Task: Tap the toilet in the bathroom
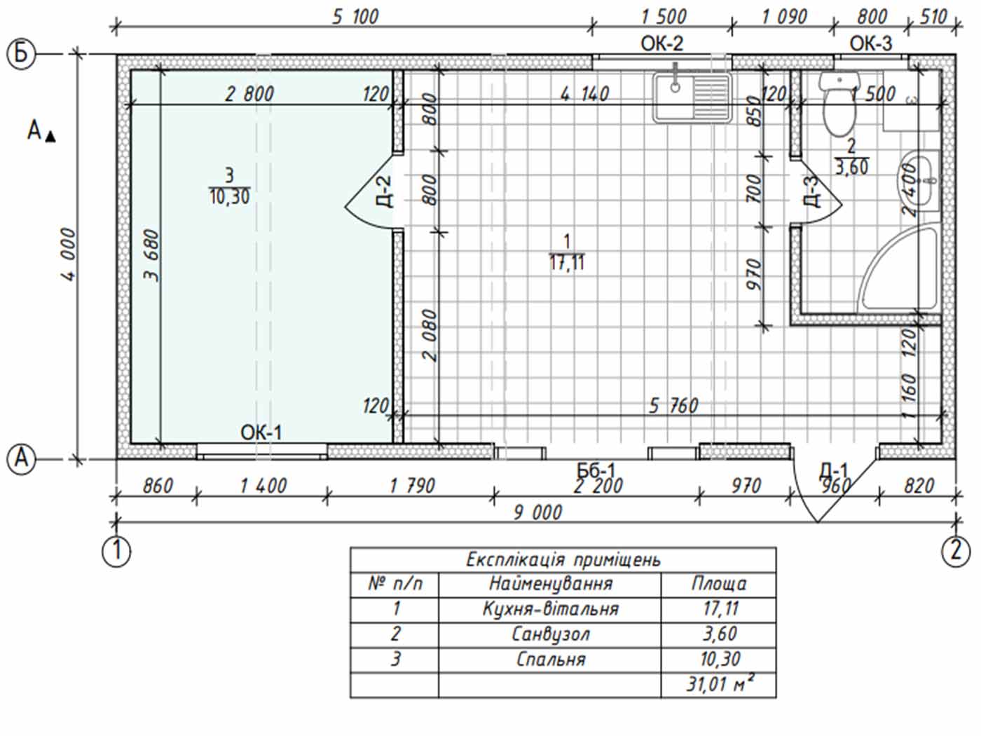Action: tap(839, 104)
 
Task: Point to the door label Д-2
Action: tap(386, 192)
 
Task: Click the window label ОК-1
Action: tap(261, 432)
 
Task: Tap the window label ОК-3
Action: tap(870, 43)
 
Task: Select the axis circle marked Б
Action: tap(21, 54)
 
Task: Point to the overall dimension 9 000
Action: tap(537, 512)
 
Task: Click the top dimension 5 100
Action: tap(355, 17)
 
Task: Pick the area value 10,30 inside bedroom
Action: tap(230, 197)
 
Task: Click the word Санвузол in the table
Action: tap(551, 634)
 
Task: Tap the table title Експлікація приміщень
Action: tap(563, 560)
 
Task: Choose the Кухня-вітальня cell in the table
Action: tap(551, 609)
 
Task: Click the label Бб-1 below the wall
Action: tap(596, 470)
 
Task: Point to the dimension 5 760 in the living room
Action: tap(673, 407)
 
